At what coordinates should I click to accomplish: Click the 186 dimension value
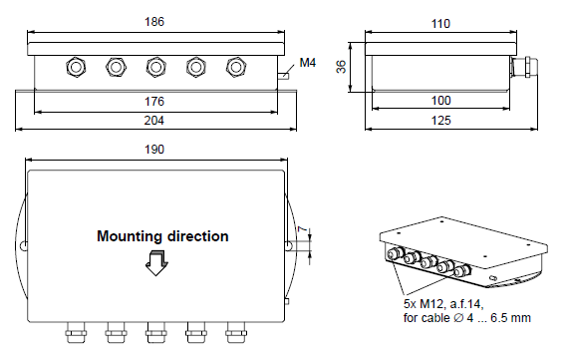coord(154,22)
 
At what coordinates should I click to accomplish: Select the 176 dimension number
coord(154,102)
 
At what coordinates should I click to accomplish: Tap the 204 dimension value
coord(154,121)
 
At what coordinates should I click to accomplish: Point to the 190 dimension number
coord(154,150)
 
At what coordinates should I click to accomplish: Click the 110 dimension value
coord(440,24)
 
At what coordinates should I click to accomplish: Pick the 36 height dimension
coord(341,67)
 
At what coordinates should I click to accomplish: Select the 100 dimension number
coord(441,101)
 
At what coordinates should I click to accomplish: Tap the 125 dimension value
coord(441,121)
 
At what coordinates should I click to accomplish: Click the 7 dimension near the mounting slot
coord(304,229)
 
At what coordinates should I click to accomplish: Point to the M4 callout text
coord(308,63)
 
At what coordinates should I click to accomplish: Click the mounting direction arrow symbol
coord(156,263)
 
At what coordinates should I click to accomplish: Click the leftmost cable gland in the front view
coord(76,67)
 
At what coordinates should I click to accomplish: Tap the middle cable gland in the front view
coord(155,67)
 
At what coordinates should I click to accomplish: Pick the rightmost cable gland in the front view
coord(236,67)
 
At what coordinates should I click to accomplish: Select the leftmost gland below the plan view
coord(76,332)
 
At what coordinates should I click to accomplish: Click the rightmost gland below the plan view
coord(236,332)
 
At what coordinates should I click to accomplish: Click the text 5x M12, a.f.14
coord(443,304)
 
